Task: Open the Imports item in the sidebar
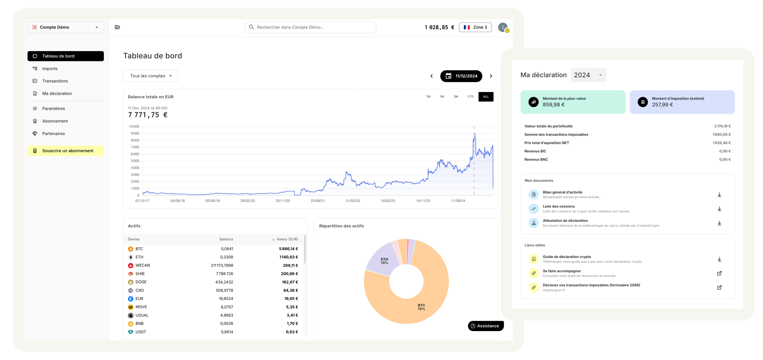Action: click(50, 69)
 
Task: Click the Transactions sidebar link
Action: click(55, 81)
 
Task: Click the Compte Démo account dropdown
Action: click(66, 27)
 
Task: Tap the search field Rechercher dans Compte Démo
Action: click(311, 27)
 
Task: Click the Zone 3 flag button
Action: click(475, 27)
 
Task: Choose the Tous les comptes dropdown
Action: click(150, 76)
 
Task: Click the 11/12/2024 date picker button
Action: click(461, 76)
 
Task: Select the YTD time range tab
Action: click(470, 97)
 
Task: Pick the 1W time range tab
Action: click(428, 97)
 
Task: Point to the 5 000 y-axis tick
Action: click(135, 161)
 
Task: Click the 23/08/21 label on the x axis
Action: click(318, 201)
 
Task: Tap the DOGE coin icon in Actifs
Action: click(131, 282)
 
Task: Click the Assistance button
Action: click(486, 326)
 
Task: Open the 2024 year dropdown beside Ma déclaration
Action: click(588, 75)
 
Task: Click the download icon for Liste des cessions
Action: click(719, 209)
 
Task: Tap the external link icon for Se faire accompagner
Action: click(719, 274)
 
